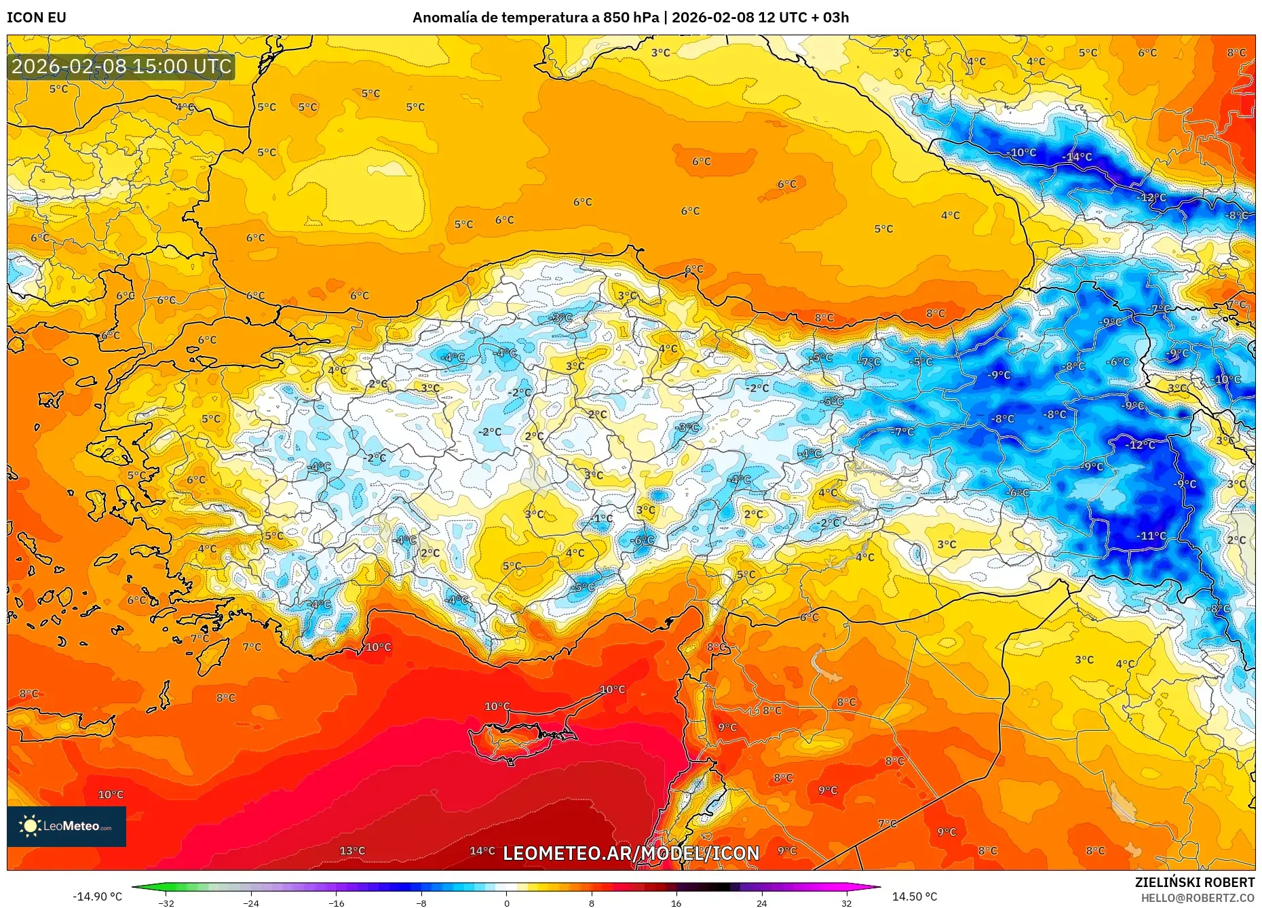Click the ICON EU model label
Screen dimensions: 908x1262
37,18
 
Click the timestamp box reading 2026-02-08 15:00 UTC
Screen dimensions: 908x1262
121,66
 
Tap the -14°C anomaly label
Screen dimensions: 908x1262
1077,157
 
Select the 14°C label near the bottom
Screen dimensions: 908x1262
482,851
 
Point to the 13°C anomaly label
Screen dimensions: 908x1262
352,851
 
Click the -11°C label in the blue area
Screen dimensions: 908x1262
1151,536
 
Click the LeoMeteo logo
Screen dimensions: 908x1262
66,826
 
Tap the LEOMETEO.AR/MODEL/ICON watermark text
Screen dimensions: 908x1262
631,853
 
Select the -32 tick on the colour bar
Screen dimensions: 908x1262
166,903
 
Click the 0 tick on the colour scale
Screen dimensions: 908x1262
506,903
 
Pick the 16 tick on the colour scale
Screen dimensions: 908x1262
676,903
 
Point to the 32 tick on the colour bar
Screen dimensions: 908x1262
846,903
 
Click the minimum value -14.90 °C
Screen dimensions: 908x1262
98,896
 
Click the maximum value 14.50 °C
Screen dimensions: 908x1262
914,896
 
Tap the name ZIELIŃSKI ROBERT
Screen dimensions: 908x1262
1194,882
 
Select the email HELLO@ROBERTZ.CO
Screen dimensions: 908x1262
1198,898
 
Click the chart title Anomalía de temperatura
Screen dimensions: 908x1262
535,18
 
